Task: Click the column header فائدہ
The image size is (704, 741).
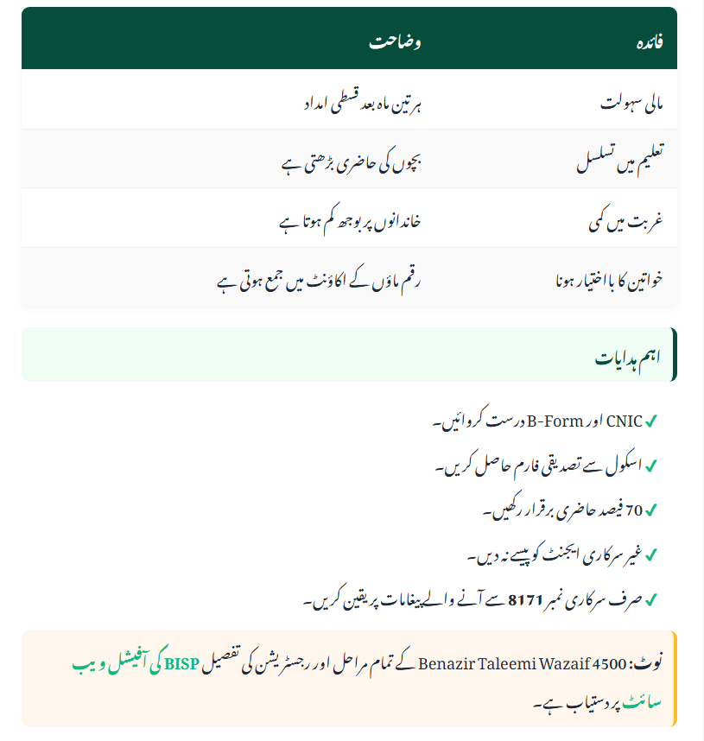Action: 649,42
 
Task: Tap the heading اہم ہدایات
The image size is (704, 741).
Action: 627,356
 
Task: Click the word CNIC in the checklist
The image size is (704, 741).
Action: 625,422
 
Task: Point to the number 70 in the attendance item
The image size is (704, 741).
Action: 633,510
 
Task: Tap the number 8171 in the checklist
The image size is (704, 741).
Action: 524,598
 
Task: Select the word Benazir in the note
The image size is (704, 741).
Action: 447,665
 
